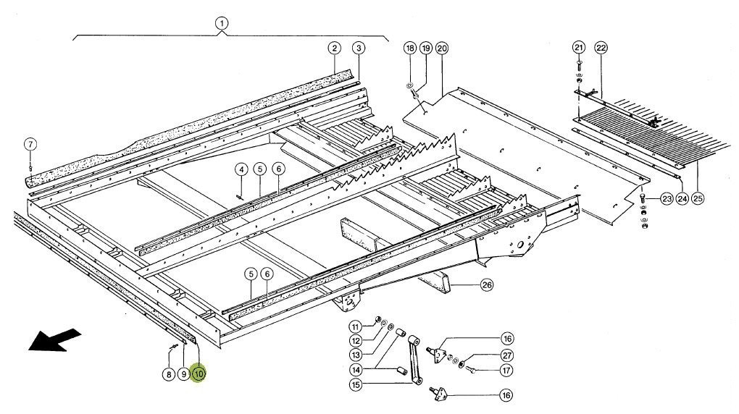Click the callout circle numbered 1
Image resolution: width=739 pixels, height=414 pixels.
(222, 22)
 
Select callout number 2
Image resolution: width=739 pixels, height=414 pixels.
(334, 48)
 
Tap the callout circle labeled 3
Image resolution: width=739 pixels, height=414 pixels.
(357, 48)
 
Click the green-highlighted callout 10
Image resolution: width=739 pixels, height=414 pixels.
(199, 374)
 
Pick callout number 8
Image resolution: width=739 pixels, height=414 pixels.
(168, 374)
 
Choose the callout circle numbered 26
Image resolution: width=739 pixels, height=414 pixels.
(487, 284)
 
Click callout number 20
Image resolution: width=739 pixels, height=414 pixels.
(442, 48)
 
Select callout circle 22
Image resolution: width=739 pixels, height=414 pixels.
(601, 48)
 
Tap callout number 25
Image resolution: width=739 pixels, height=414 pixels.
(698, 197)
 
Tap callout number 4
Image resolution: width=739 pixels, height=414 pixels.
(241, 169)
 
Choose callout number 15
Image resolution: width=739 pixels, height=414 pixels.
(356, 385)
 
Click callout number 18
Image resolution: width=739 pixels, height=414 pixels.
(410, 48)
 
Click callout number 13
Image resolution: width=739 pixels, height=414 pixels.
(356, 355)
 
